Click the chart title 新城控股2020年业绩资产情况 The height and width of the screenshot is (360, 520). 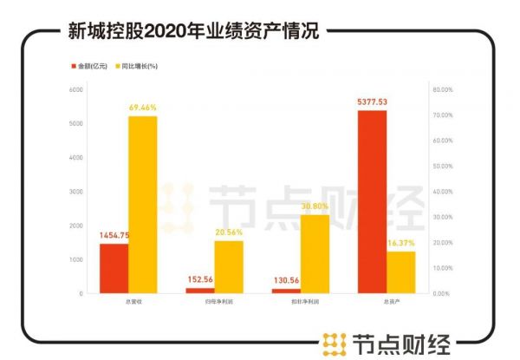pos(192,32)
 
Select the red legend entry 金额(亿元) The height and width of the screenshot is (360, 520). pos(90,66)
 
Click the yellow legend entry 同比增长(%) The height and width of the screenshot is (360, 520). pos(138,66)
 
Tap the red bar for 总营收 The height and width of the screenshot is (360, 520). pos(114,268)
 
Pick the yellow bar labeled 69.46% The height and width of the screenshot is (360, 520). pos(142,205)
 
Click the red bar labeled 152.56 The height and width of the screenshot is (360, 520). pos(199,291)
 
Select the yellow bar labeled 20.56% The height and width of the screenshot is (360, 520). pos(229,267)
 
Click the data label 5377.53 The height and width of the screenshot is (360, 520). pos(372,101)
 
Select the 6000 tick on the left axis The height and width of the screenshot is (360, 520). pos(75,89)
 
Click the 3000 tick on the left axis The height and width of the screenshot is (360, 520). pos(75,192)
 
